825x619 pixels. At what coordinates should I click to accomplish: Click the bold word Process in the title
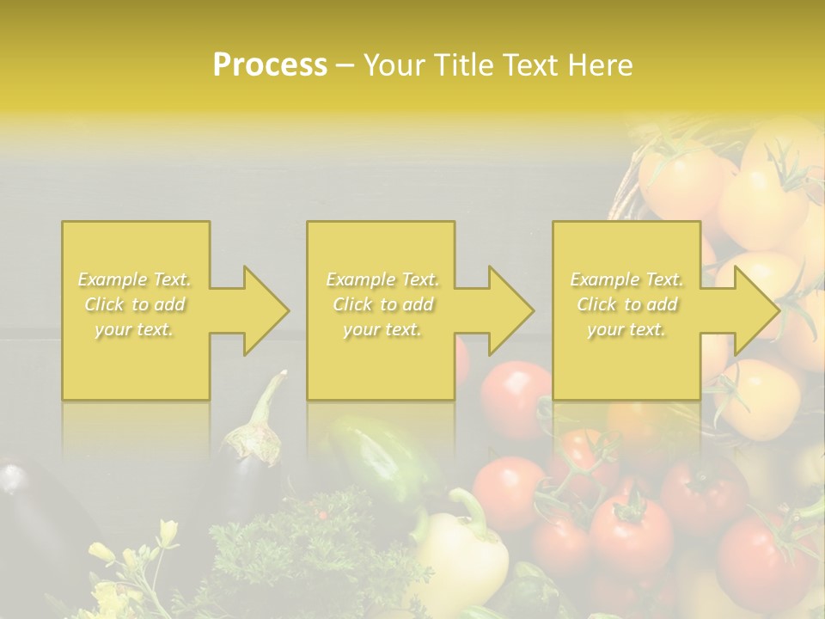pyautogui.click(x=270, y=65)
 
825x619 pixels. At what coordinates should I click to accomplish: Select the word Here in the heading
pyautogui.click(x=601, y=65)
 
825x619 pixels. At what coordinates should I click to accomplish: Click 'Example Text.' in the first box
pyautogui.click(x=135, y=279)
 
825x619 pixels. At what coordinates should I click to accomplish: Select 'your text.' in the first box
pyautogui.click(x=135, y=329)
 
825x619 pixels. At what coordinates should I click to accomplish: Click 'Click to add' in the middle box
pyautogui.click(x=382, y=304)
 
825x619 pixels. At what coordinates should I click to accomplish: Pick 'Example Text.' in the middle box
pyautogui.click(x=382, y=279)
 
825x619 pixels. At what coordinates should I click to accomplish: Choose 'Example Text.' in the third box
pyautogui.click(x=626, y=279)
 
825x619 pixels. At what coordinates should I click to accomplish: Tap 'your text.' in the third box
pyautogui.click(x=626, y=329)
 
